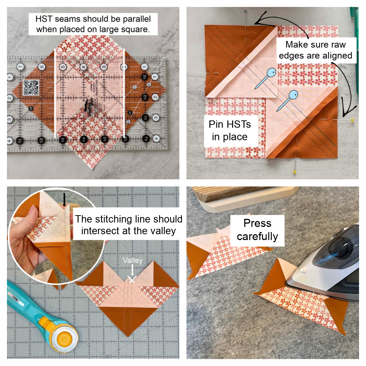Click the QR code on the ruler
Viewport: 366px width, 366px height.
click(31, 87)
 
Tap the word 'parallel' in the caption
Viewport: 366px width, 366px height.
click(137, 19)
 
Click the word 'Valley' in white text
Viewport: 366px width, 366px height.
click(132, 261)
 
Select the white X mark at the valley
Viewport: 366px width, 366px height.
click(132, 279)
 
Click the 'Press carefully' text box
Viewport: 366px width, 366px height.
click(257, 230)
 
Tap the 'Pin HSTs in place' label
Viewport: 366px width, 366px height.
click(230, 131)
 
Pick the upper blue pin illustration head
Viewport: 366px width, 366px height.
click(271, 72)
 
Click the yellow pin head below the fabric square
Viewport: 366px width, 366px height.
click(294, 172)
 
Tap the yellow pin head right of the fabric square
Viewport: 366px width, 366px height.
click(352, 120)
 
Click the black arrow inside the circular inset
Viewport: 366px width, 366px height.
click(64, 200)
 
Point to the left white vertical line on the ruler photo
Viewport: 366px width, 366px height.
click(55, 93)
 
